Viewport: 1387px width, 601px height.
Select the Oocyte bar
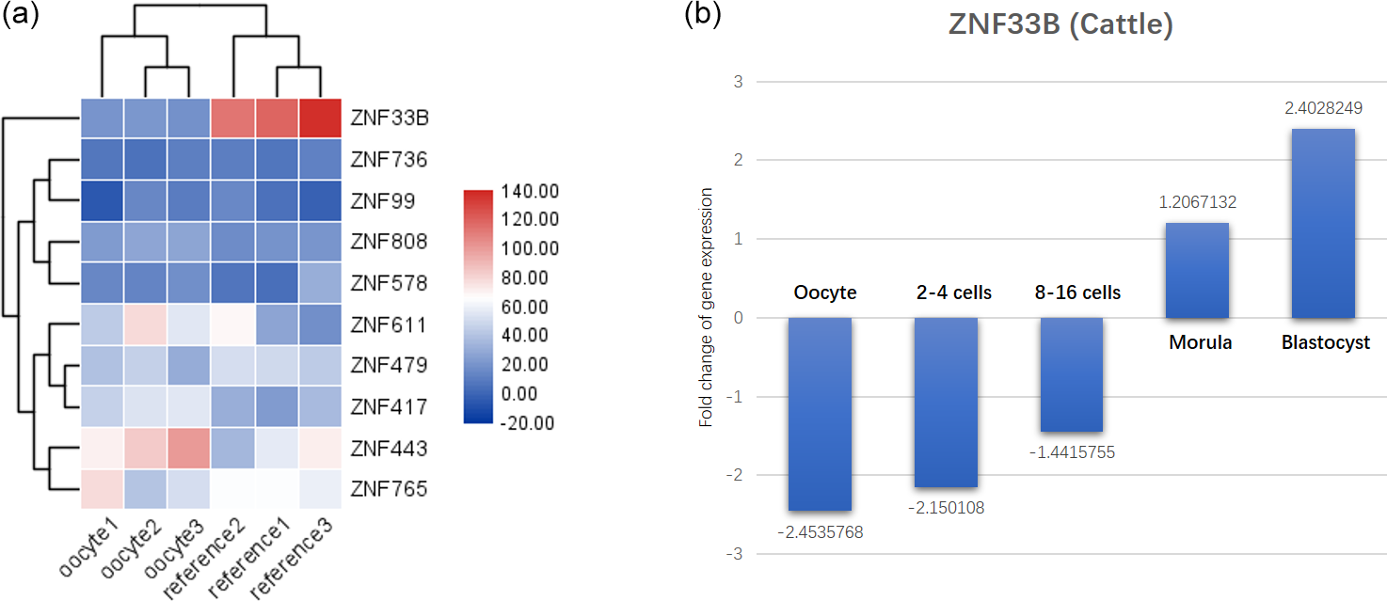pos(820,414)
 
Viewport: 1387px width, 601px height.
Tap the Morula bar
pos(1197,270)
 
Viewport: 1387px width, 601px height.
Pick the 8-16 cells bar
pos(1072,374)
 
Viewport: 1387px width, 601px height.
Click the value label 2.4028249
pos(1323,109)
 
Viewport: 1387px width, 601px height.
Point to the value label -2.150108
pos(946,509)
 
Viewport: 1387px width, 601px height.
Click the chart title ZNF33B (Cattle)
pos(1060,25)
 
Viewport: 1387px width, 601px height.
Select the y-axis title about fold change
pos(706,308)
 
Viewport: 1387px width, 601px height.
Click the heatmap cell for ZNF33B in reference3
pos(317,119)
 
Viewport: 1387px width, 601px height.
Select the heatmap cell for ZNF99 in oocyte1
pos(101,200)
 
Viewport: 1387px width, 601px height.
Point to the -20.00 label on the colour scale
pos(527,422)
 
